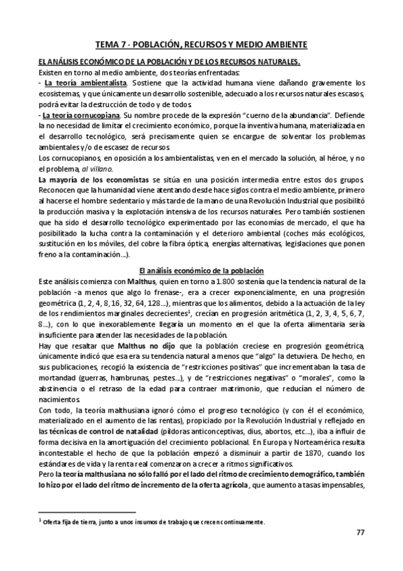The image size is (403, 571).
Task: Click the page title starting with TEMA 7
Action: click(201, 44)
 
